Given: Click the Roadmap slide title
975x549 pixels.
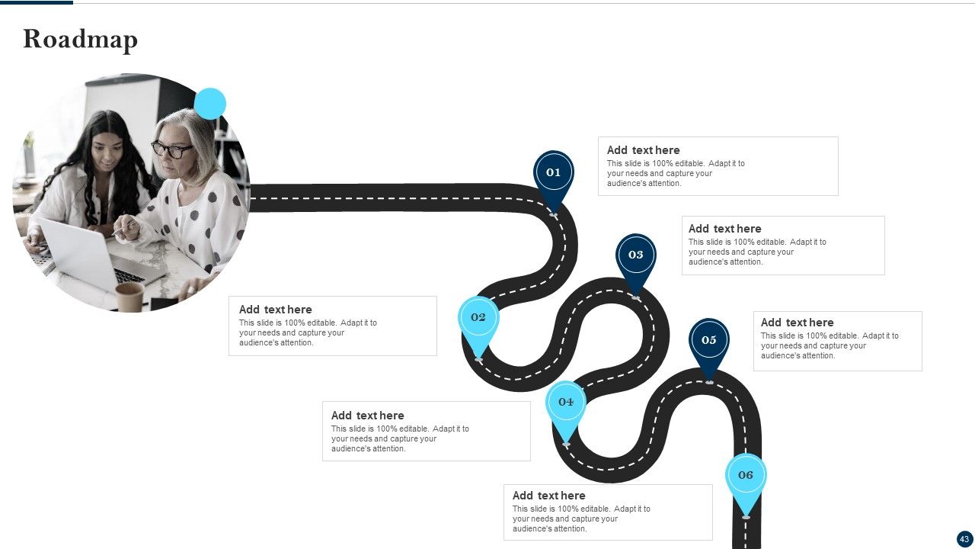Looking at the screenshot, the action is pos(81,40).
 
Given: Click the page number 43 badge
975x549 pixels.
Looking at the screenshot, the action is pos(964,539).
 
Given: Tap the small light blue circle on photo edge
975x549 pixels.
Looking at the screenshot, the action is pos(209,104).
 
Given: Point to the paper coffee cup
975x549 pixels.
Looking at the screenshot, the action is pos(129,297).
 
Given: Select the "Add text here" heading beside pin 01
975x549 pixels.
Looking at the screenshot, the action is pos(644,150).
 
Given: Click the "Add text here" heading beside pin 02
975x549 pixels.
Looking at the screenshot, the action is pos(276,310).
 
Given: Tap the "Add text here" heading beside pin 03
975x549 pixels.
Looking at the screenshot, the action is pos(724,229).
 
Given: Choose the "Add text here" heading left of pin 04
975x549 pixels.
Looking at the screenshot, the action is pos(367,416).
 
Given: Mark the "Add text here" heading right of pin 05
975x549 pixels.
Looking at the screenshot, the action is pos(798,323).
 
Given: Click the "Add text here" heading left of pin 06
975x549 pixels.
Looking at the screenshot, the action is pos(549,496).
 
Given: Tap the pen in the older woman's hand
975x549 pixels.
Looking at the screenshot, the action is pos(124,228).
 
